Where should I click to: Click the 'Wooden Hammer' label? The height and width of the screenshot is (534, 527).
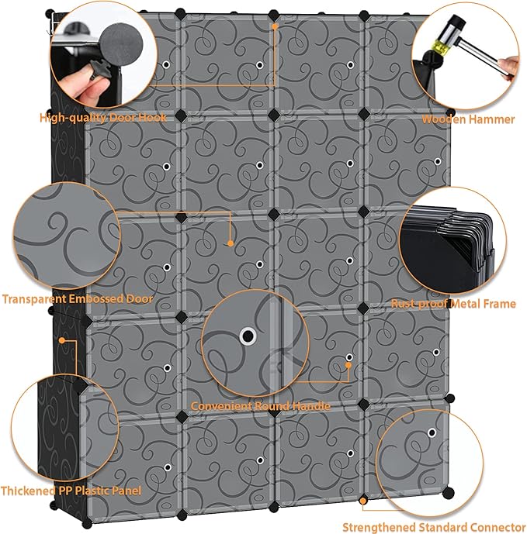click(468, 119)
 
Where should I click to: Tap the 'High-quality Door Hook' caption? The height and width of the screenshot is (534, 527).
click(103, 118)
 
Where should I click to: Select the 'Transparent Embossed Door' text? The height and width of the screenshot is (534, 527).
click(78, 299)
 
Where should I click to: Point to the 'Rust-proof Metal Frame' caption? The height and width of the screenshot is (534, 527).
click(453, 304)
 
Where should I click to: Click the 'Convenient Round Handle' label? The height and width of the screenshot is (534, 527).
click(260, 406)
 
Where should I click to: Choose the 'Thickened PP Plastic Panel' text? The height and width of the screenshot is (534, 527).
click(71, 491)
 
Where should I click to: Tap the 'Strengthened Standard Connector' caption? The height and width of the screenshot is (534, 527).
click(434, 527)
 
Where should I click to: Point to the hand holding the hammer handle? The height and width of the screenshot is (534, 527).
click(509, 67)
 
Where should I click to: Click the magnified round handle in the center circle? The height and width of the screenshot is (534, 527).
click(248, 336)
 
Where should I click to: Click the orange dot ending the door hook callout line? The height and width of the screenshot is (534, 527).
click(274, 26)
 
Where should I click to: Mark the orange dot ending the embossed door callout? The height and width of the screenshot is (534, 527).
click(231, 243)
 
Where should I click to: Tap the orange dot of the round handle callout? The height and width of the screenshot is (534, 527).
click(348, 365)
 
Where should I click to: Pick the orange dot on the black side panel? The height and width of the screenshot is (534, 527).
click(62, 340)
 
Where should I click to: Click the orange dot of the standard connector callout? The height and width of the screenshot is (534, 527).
click(363, 501)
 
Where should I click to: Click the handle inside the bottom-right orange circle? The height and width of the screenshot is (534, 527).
click(432, 432)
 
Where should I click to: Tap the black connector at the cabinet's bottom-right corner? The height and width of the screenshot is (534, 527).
click(449, 493)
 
